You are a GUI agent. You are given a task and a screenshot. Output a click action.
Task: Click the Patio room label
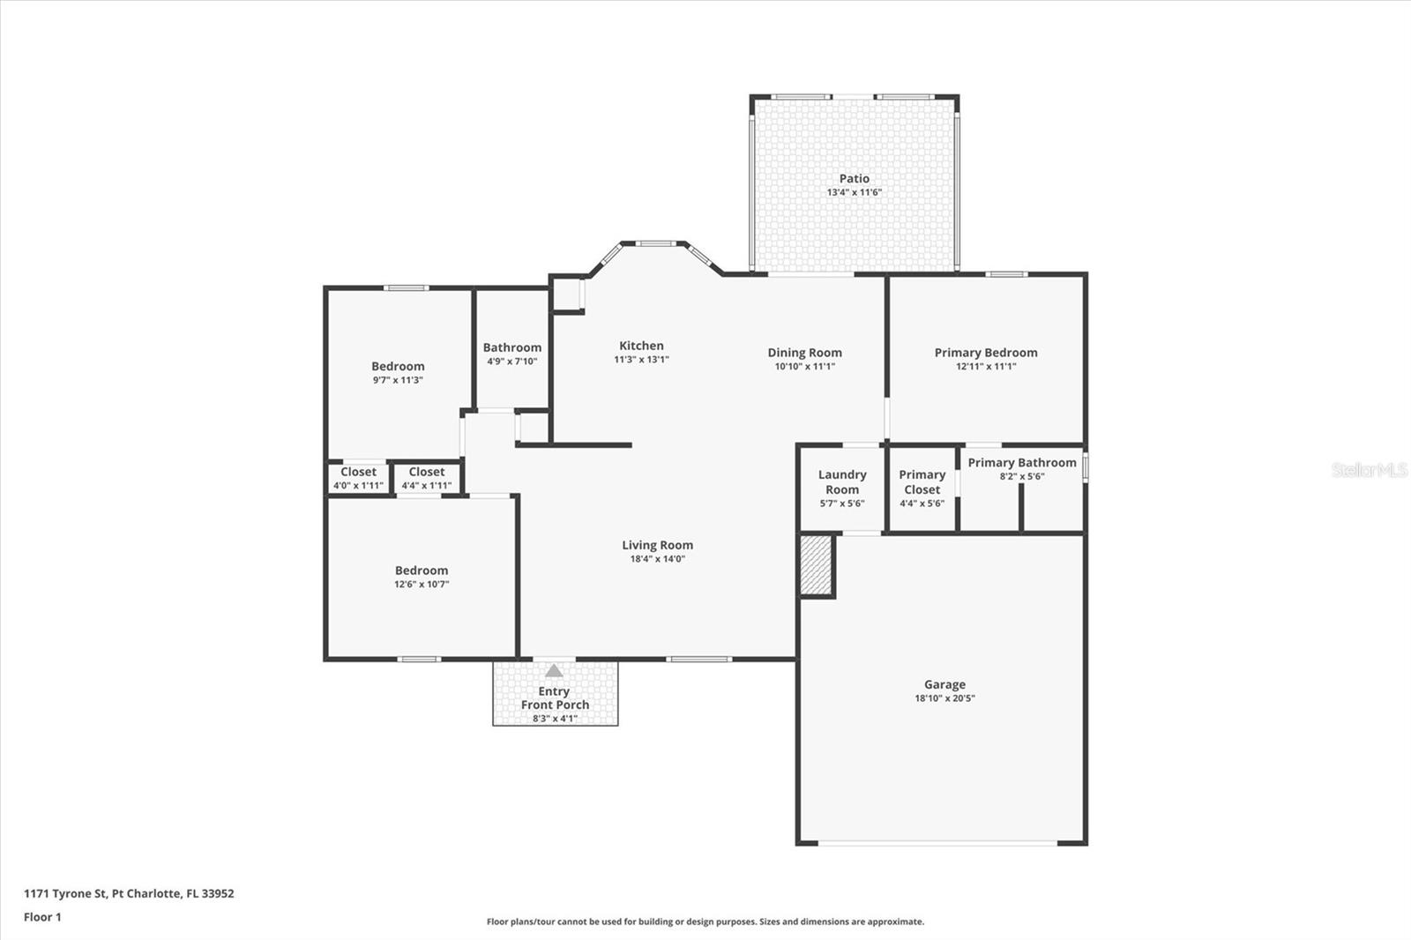[x=855, y=179]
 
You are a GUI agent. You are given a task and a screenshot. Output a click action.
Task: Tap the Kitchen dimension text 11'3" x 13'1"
[x=641, y=360]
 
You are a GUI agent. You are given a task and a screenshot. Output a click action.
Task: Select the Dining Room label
[x=804, y=353]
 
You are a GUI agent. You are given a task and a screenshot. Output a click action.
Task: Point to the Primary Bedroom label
[x=986, y=353]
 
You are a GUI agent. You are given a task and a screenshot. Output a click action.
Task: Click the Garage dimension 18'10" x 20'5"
[x=944, y=698]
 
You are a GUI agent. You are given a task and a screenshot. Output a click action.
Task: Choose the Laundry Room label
[x=842, y=482]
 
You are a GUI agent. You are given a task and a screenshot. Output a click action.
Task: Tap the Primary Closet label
[x=922, y=482]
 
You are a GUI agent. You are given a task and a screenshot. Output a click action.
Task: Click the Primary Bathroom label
[x=1022, y=462]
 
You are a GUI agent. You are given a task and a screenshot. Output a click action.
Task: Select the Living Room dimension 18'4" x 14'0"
[x=658, y=559]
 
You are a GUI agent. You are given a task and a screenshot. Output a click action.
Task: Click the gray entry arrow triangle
[x=554, y=671]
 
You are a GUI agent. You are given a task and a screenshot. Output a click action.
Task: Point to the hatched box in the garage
[x=817, y=564]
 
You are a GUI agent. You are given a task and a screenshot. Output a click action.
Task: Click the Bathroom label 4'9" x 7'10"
[x=512, y=354]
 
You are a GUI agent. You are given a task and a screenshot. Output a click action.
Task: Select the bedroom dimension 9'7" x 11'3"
[x=398, y=381]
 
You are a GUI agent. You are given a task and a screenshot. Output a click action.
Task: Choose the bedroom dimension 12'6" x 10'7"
[x=422, y=585]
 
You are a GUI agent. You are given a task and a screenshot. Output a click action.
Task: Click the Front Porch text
[x=555, y=705]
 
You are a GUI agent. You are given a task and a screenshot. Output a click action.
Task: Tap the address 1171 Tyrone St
[x=65, y=893]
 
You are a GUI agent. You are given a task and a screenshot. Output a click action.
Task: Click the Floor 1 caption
[x=43, y=917]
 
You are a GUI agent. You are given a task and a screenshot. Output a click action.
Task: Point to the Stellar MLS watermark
[x=1370, y=470]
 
